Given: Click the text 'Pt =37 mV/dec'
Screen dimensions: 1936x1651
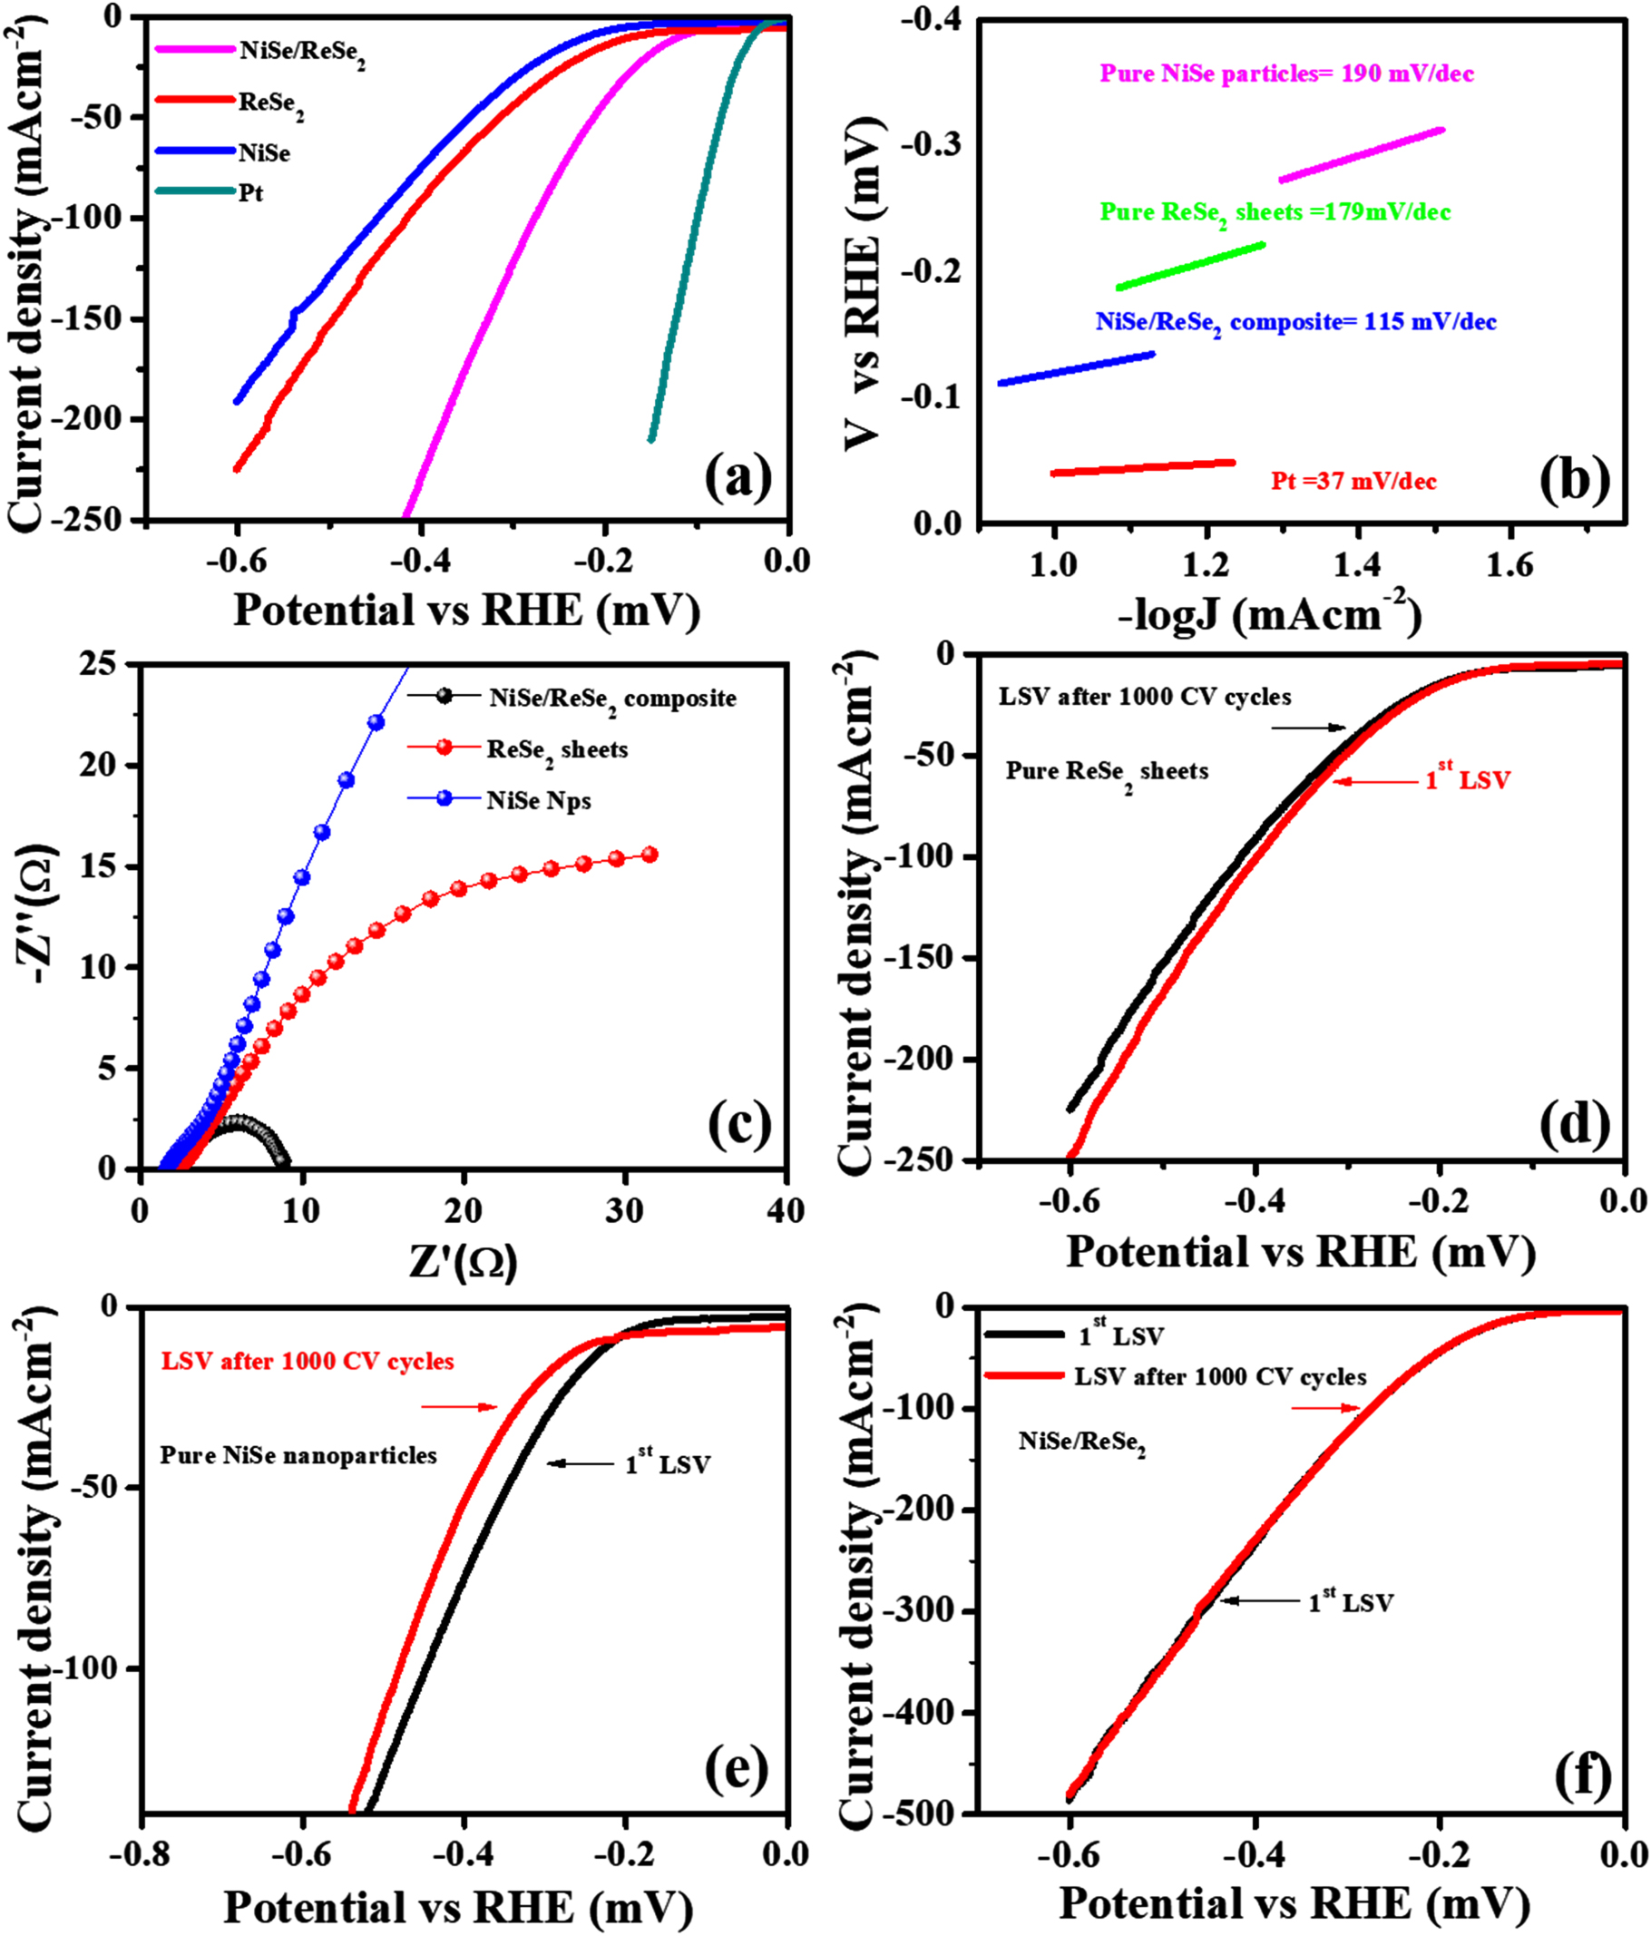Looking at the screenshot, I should pos(1353,481).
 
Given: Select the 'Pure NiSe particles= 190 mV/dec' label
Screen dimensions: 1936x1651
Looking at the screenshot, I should pos(1285,73).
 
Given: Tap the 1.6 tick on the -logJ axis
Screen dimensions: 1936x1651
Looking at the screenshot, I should pos(1511,565).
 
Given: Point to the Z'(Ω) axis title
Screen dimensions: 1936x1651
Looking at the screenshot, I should pos(463,1262).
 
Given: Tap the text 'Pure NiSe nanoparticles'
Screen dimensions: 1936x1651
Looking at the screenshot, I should pos(298,1456).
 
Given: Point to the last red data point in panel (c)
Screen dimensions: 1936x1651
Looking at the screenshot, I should pos(650,854).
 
